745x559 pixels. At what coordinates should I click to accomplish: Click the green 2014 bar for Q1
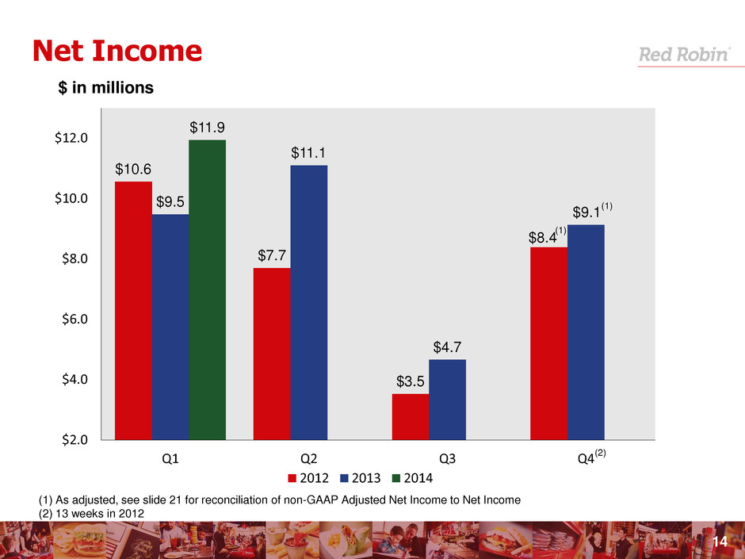click(x=207, y=289)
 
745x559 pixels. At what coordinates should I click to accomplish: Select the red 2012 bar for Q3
click(x=410, y=416)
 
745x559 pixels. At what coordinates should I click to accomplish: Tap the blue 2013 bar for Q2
click(x=308, y=301)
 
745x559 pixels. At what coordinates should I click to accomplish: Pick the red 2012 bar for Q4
click(x=548, y=343)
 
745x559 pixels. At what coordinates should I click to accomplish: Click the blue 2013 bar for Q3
click(x=447, y=399)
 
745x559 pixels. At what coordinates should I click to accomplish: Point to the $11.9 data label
click(x=207, y=127)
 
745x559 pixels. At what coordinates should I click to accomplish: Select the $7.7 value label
click(x=273, y=255)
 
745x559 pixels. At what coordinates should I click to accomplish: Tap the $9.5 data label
click(x=171, y=201)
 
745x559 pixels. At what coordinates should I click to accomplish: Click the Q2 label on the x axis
click(x=308, y=458)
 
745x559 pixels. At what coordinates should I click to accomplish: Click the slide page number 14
click(x=720, y=541)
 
